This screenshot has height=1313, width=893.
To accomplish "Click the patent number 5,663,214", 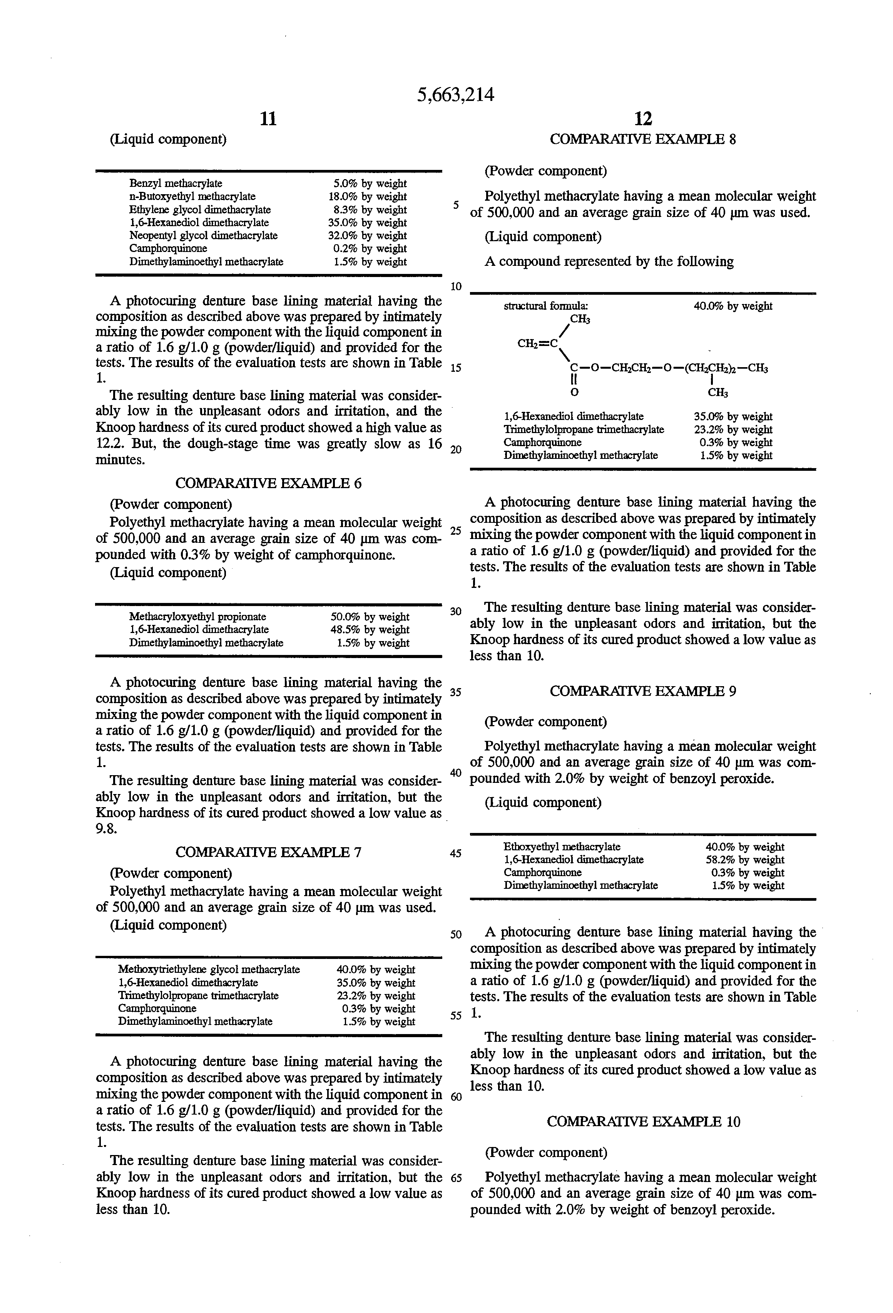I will pyautogui.click(x=455, y=95).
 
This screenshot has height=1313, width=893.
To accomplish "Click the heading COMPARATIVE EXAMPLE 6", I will pyautogui.click(x=268, y=483).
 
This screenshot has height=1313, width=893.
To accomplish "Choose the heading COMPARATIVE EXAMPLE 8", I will pyautogui.click(x=643, y=139).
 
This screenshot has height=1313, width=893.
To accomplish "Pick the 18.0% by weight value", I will pyautogui.click(x=368, y=196).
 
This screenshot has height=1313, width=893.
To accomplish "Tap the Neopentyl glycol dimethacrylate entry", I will pyautogui.click(x=203, y=236).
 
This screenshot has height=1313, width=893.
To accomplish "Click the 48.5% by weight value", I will pyautogui.click(x=370, y=630).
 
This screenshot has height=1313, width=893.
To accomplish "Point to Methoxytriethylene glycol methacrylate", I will pyautogui.click(x=209, y=969).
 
